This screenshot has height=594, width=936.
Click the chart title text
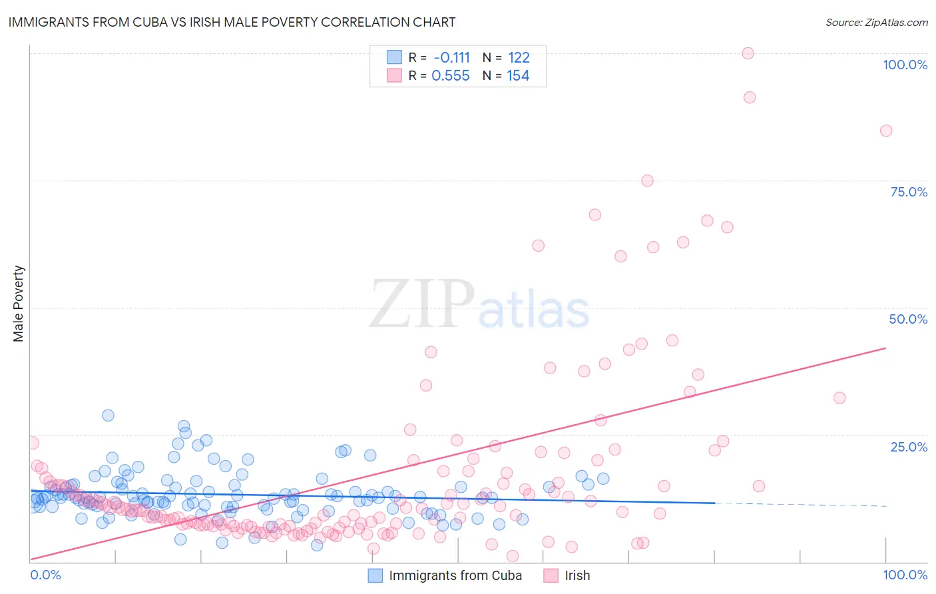tap(232, 22)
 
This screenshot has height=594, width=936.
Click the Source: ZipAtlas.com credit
tap(876, 22)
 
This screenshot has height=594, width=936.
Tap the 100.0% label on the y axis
tap(905, 65)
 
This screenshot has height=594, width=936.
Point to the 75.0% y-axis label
tap(909, 192)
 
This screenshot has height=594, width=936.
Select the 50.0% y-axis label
tap(908, 319)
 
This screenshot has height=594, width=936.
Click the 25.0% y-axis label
tap(909, 446)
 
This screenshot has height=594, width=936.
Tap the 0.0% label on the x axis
tap(45, 575)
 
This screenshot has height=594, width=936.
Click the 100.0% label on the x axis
tap(905, 575)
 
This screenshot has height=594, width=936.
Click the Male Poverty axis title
tap(19, 304)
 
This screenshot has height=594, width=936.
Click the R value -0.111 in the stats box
tap(451, 57)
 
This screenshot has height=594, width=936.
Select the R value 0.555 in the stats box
tap(451, 76)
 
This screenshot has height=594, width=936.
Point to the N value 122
tap(518, 57)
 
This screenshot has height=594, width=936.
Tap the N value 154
tap(518, 76)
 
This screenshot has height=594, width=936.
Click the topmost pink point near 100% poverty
tap(748, 53)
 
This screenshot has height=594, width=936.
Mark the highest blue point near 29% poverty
tap(108, 415)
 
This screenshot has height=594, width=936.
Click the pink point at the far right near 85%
tap(885, 131)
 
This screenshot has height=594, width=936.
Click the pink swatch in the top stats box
tap(394, 76)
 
